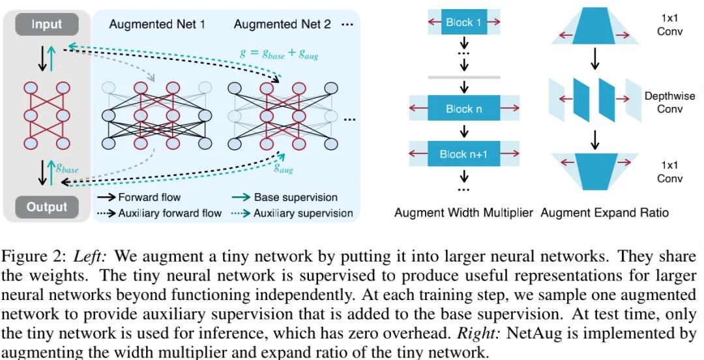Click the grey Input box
tap(46, 25)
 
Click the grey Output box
tap(46, 207)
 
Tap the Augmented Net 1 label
tap(157, 25)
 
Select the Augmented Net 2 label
tap(282, 25)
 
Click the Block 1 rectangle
tap(463, 22)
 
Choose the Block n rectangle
tap(463, 109)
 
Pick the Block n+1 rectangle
tap(463, 155)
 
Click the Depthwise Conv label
tap(669, 102)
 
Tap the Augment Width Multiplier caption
tap(463, 213)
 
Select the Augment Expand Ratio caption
tap(604, 213)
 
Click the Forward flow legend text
tap(149, 197)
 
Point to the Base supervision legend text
tap(295, 197)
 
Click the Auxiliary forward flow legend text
tap(169, 213)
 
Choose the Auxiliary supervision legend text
tap(303, 213)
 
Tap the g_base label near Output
tap(66, 169)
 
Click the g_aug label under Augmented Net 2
tap(283, 169)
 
